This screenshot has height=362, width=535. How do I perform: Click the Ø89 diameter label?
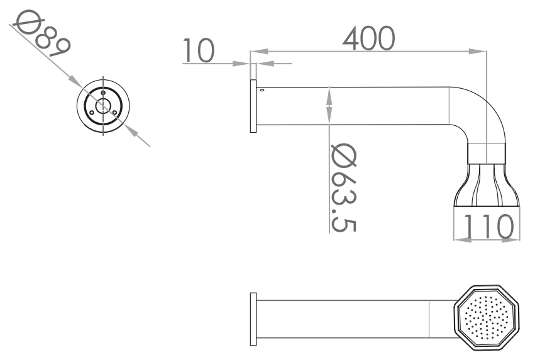coord(41,33)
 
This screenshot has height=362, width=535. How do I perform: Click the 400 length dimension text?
coord(369,38)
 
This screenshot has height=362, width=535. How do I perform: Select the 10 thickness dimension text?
coord(199,50)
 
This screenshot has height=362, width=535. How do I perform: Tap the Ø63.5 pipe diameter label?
coord(344,188)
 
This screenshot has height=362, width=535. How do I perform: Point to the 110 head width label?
coord(488,226)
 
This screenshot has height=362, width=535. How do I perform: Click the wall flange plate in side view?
coord(253,106)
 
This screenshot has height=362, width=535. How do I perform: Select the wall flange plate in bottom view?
coord(253,319)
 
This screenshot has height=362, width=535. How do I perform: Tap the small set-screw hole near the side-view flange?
coord(262,90)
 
